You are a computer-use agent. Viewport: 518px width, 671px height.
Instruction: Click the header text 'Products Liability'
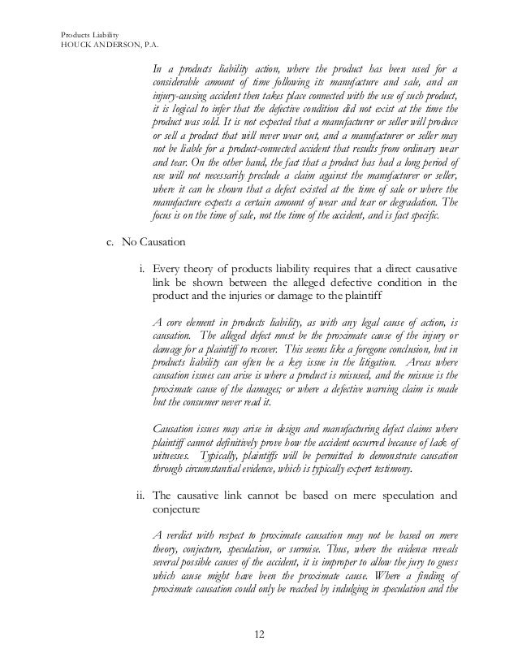(90, 34)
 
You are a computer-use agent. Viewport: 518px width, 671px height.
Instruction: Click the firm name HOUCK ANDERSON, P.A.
(106, 45)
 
